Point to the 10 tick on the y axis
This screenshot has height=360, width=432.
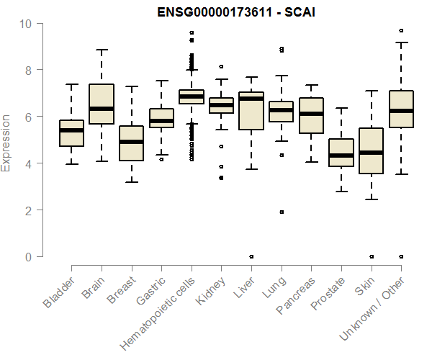click(x=27, y=24)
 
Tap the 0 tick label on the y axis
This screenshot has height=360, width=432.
click(x=27, y=257)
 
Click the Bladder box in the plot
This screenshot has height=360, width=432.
click(x=71, y=133)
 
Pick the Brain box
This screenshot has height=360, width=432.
click(x=102, y=114)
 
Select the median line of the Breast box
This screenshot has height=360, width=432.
click(x=131, y=142)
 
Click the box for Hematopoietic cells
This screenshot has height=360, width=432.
click(x=191, y=96)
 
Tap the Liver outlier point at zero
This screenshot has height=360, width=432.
click(x=251, y=256)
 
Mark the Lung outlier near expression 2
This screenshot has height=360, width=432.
click(x=282, y=212)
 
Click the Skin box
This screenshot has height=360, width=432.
click(x=372, y=150)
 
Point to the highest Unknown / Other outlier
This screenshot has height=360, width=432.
click(x=401, y=31)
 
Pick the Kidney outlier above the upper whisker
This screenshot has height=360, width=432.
click(x=221, y=66)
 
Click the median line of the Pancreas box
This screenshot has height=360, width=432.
click(x=311, y=114)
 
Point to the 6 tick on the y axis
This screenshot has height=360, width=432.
click(x=27, y=117)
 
